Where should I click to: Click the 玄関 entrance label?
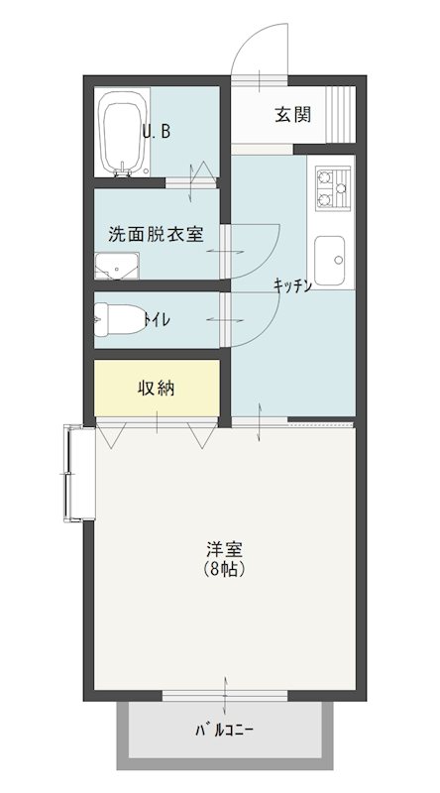pyautogui.click(x=292, y=114)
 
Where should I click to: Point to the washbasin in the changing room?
pyautogui.click(x=117, y=266)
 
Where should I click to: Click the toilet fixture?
pyautogui.click(x=116, y=319)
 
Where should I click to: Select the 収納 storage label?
pyautogui.click(x=156, y=388)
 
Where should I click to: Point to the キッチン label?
pyautogui.click(x=293, y=285)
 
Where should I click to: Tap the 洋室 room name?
pyautogui.click(x=225, y=549)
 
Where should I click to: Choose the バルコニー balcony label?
pyautogui.click(x=224, y=733)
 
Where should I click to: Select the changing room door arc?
pyautogui.click(x=256, y=238)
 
